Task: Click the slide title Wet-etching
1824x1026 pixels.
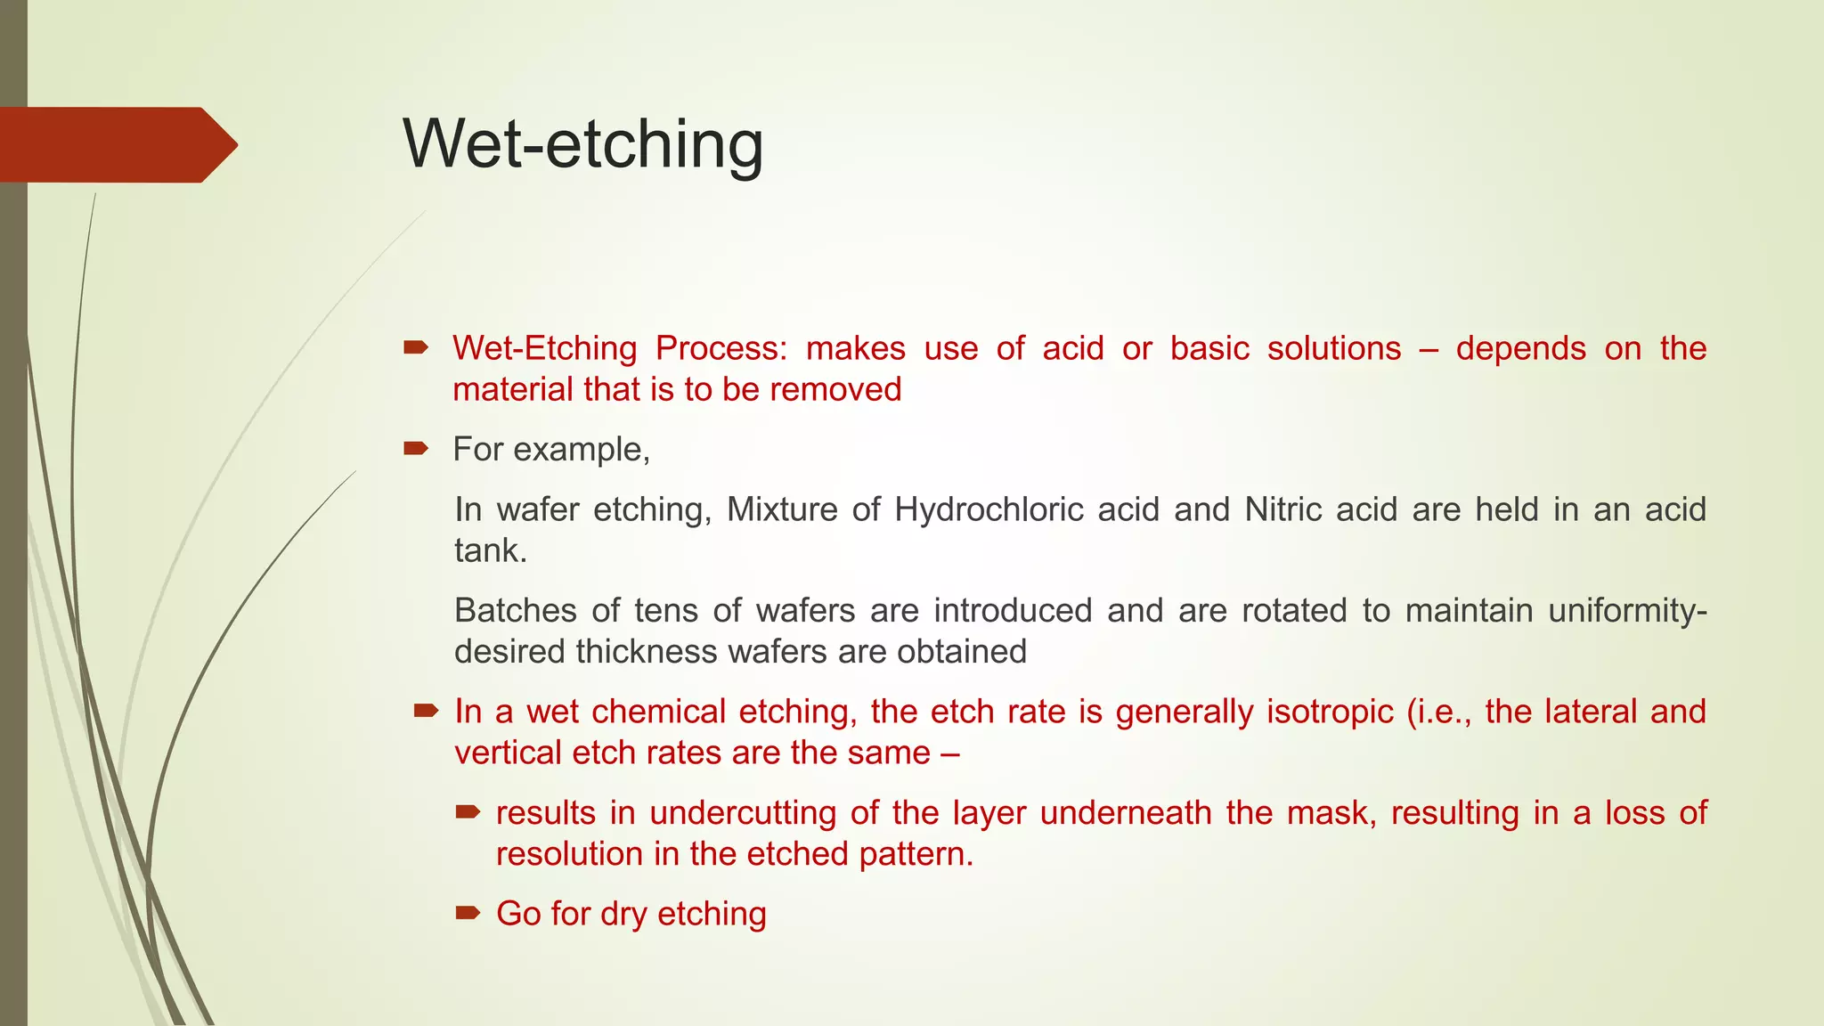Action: click(583, 143)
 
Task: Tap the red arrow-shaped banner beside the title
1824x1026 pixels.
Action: click(116, 144)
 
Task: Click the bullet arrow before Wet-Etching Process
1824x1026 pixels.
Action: click(416, 347)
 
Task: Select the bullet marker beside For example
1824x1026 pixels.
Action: click(416, 448)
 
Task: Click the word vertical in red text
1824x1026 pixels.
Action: click(508, 753)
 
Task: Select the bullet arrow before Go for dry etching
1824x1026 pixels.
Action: click(468, 913)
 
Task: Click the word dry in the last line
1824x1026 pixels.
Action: click(623, 915)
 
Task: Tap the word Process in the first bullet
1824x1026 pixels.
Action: click(721, 348)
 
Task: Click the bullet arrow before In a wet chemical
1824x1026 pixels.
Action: click(426, 711)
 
